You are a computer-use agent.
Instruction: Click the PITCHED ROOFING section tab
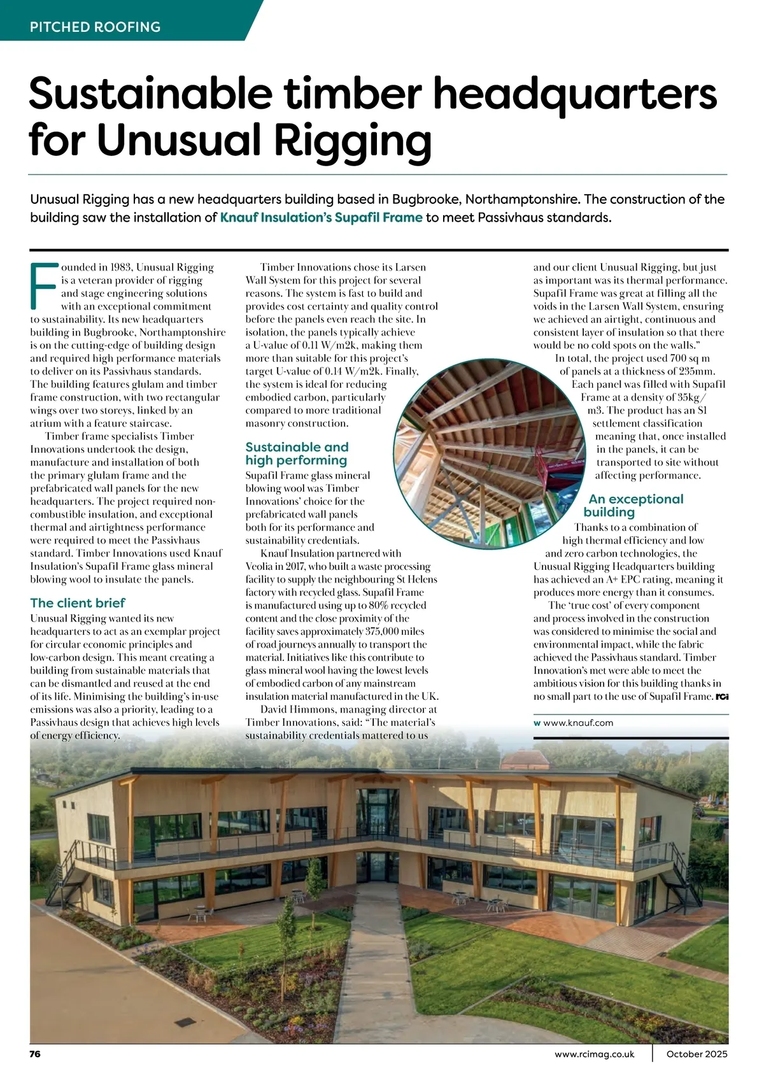95,27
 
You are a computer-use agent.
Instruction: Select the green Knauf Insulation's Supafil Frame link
321,218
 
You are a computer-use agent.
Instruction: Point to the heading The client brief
78,603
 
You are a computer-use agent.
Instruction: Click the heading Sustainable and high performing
297,453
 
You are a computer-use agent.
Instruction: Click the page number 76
35,1054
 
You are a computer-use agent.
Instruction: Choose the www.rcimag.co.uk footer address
595,1054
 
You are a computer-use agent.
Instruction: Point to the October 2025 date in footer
697,1054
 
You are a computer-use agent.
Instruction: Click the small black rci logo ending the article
722,697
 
